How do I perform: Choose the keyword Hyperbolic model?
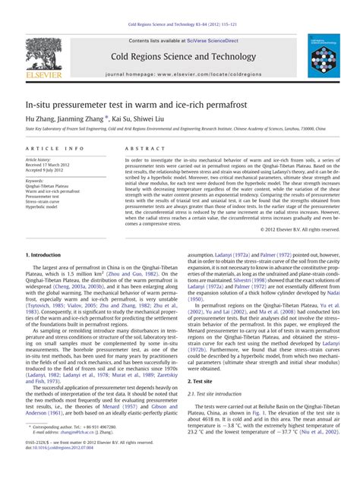point(46,207)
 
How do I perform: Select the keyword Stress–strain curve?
point(47,202)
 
